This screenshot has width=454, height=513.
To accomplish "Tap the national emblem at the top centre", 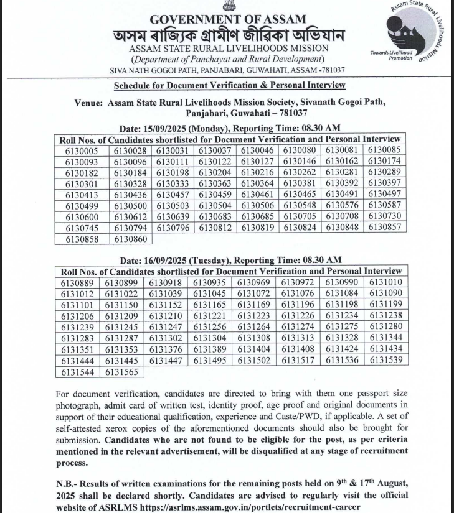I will pyautogui.click(x=228, y=7).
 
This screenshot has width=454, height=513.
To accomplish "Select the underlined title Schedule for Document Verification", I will pyautogui.click(x=229, y=85).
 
